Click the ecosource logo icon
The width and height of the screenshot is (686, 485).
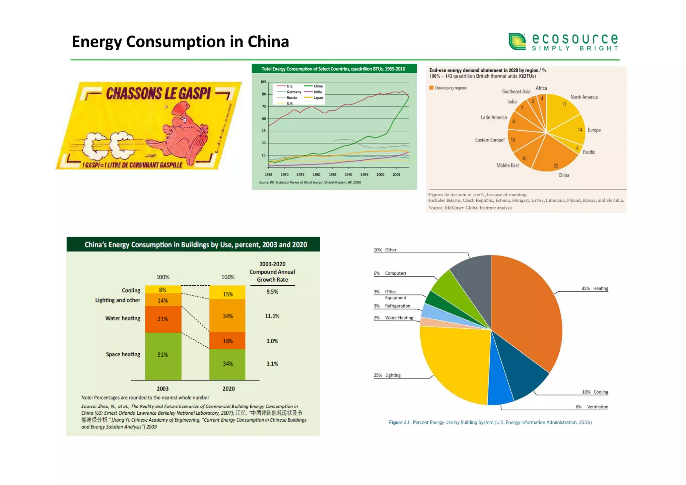pos(517,42)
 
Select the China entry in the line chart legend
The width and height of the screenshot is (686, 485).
pos(318,86)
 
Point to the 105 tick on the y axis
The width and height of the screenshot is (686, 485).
pos(263,82)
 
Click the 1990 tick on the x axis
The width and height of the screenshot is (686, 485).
pos(348,175)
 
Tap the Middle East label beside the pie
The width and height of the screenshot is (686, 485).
pos(507,165)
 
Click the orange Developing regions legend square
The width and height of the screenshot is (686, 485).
pos(431,88)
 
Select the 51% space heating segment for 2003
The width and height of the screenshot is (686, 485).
pos(163,355)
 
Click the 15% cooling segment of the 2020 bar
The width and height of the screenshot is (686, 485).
pos(228,293)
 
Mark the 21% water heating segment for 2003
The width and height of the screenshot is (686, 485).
pos(163,319)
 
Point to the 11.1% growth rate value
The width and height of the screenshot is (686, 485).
pos(272,316)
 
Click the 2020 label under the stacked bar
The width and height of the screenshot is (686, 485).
pos(228,389)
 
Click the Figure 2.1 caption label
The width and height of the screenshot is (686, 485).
pos(399,422)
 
